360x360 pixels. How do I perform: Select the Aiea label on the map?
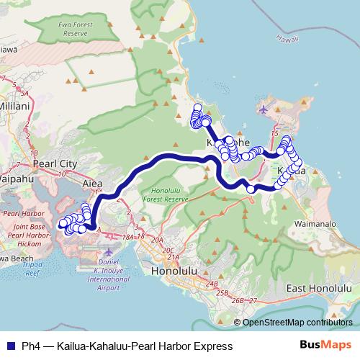[94, 184]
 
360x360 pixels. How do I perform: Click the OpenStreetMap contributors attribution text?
[297, 322]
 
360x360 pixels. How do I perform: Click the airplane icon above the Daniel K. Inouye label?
[109, 252]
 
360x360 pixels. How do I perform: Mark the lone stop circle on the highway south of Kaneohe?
[251, 189]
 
